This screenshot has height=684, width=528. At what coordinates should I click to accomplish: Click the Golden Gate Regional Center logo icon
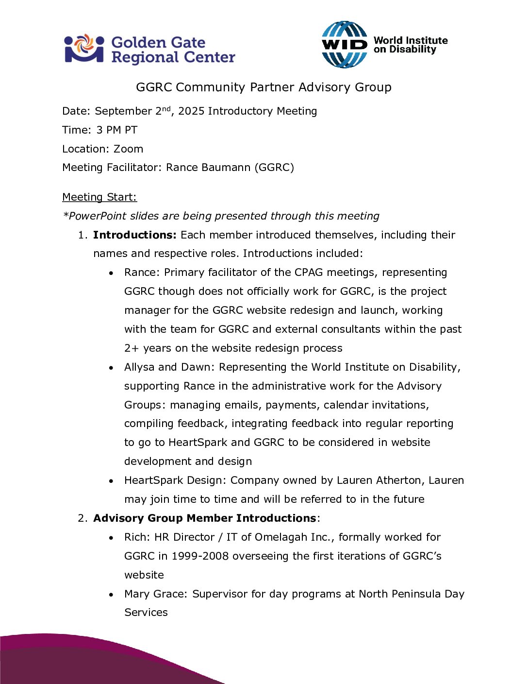tap(84, 49)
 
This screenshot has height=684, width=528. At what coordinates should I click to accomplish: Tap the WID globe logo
tap(345, 45)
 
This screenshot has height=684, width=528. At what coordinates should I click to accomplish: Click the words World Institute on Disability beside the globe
tap(411, 45)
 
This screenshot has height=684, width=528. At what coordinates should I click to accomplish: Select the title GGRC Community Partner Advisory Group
tap(264, 87)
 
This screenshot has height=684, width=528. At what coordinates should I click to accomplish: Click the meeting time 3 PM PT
tap(117, 130)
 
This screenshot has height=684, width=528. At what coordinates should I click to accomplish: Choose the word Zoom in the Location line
tap(129, 149)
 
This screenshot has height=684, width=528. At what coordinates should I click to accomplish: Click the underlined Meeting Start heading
tap(99, 197)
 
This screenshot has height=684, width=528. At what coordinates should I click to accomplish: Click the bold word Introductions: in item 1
tap(135, 235)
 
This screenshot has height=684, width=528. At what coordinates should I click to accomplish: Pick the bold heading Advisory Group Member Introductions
tap(205, 518)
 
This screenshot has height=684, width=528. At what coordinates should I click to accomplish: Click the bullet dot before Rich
tap(112, 538)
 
